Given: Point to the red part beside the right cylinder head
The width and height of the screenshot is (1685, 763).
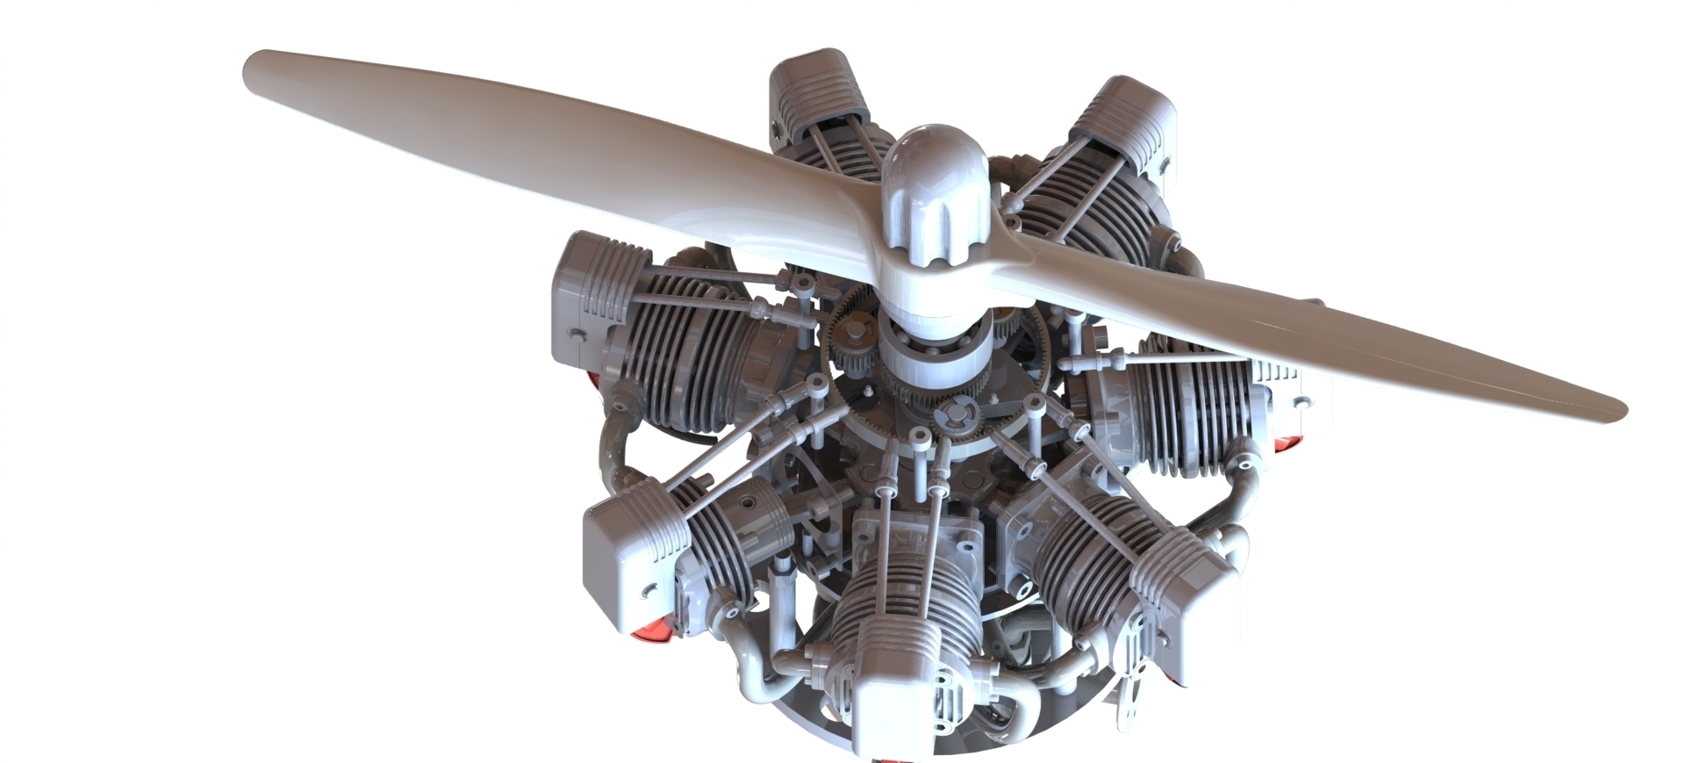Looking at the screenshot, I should click(x=1285, y=443).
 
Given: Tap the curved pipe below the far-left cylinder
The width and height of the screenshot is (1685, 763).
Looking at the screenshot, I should click(x=614, y=448).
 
